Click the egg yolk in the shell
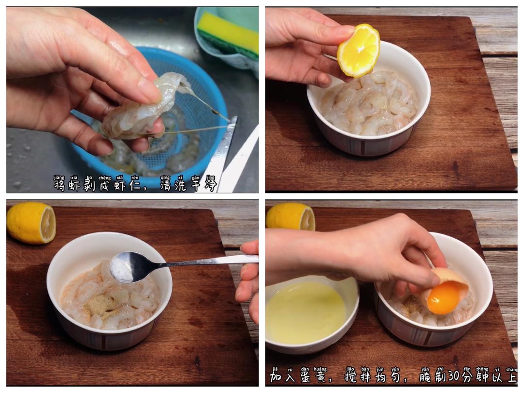[444, 298]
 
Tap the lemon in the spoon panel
[31, 223]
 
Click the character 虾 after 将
[74, 185]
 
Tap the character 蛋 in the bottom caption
[307, 377]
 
